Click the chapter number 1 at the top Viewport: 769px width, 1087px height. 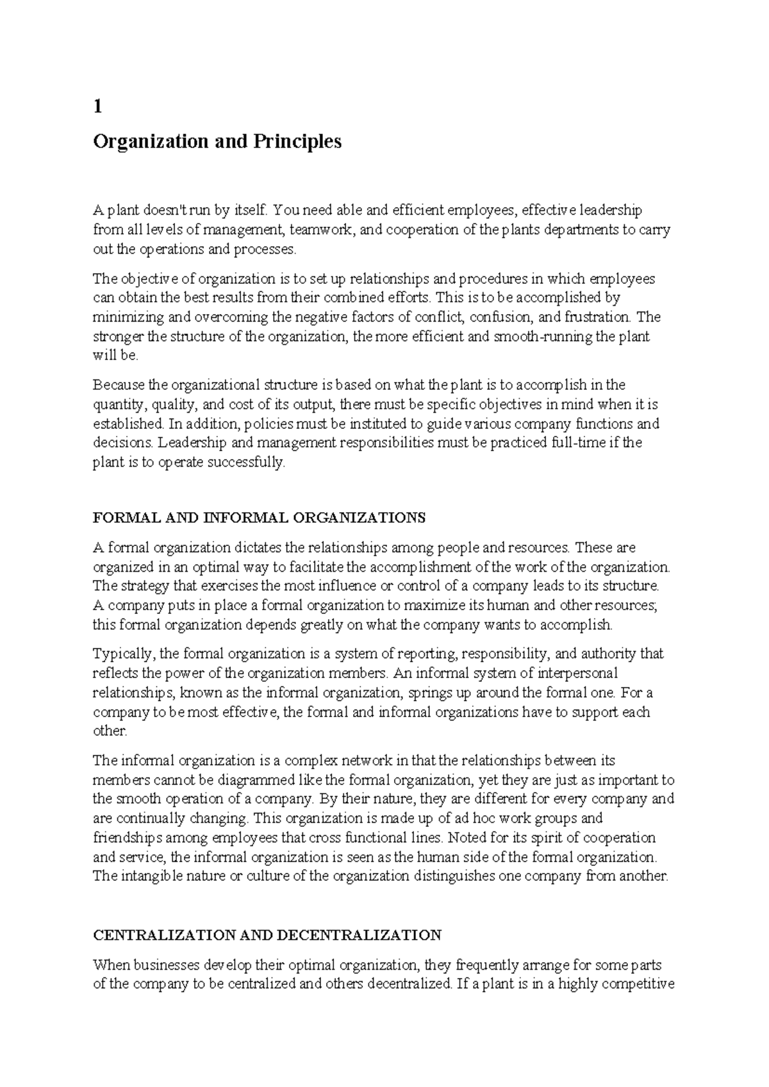click(x=97, y=107)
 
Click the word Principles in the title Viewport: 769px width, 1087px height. click(x=299, y=142)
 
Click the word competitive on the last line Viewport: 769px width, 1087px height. click(x=640, y=984)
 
